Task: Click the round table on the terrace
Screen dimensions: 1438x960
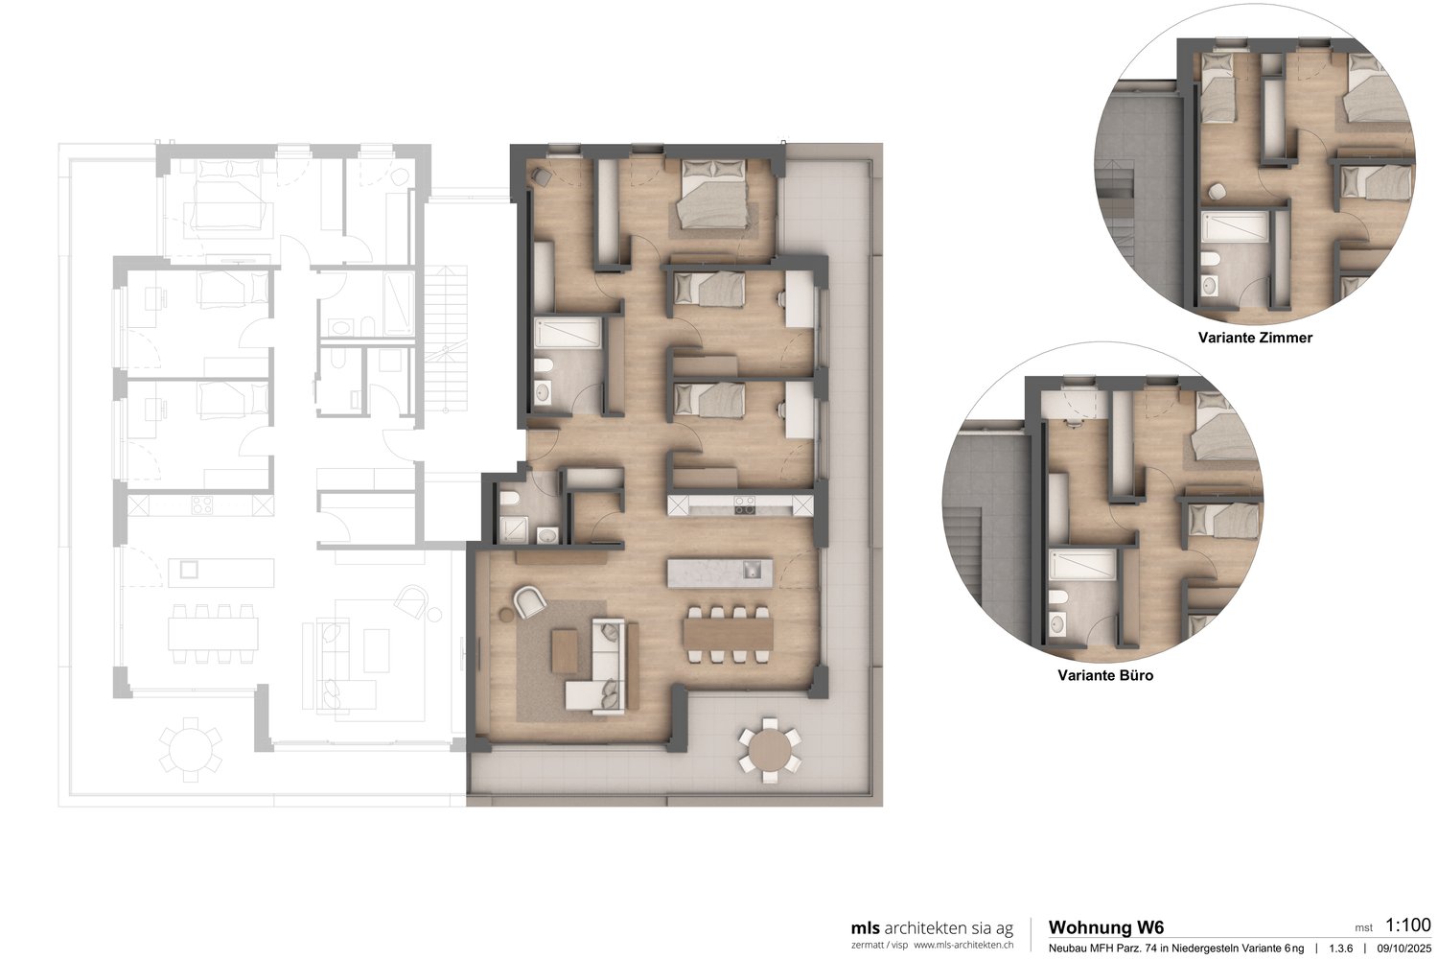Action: pyautogui.click(x=770, y=749)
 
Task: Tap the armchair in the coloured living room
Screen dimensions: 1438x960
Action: pyautogui.click(x=529, y=601)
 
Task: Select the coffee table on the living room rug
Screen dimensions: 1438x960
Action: pyautogui.click(x=564, y=650)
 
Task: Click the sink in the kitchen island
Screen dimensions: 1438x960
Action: pyautogui.click(x=752, y=570)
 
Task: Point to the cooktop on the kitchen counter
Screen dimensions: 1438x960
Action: pyautogui.click(x=745, y=504)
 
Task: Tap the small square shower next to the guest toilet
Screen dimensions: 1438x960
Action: pyautogui.click(x=514, y=529)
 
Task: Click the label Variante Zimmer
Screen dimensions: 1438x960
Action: pyautogui.click(x=1255, y=338)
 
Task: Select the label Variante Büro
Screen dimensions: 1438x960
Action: pyautogui.click(x=1105, y=675)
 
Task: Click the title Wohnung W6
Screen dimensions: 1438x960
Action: pyautogui.click(x=1106, y=928)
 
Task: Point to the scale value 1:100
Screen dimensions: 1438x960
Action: pyautogui.click(x=1408, y=925)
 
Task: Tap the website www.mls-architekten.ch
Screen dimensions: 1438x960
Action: pyautogui.click(x=963, y=945)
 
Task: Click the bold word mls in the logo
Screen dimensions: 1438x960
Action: pyautogui.click(x=865, y=928)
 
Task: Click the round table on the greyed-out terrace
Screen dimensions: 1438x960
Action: pyautogui.click(x=191, y=749)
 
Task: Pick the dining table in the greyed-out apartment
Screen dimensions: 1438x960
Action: pyautogui.click(x=213, y=634)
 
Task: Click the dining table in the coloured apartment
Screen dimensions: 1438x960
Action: pyautogui.click(x=728, y=634)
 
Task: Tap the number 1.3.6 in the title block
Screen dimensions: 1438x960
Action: pyautogui.click(x=1341, y=948)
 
